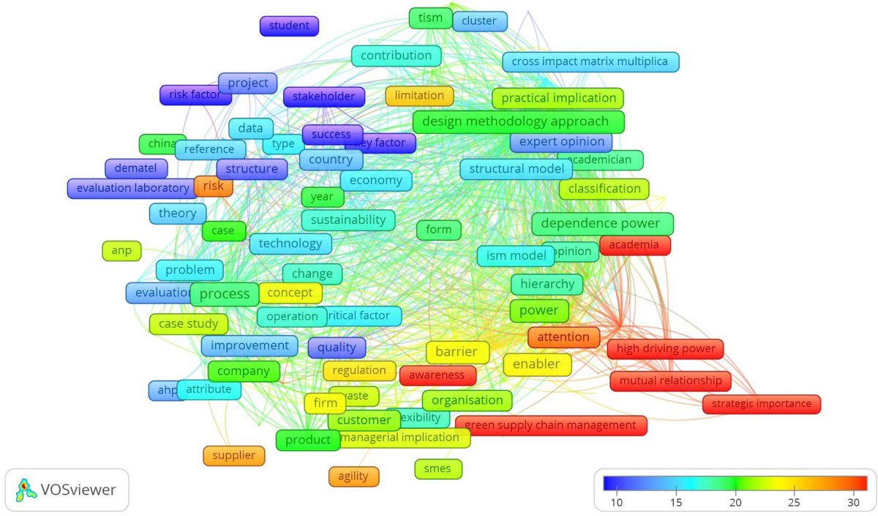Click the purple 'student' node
point(289,26)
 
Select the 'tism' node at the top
point(430,18)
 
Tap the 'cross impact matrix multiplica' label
point(590,61)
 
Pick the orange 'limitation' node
point(419,96)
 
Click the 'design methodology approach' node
point(518,121)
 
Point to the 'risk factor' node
point(190,95)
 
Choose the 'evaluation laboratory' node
point(132,188)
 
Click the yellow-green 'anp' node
point(121,251)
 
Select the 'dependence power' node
point(602,224)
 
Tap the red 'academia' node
point(634,245)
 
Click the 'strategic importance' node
point(761,403)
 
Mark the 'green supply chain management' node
point(550,425)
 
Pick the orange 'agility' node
point(353,476)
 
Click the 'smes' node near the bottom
point(438,468)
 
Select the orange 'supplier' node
point(233,455)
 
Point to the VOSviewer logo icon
point(26,490)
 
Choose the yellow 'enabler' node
point(536,364)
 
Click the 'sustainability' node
point(348,220)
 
